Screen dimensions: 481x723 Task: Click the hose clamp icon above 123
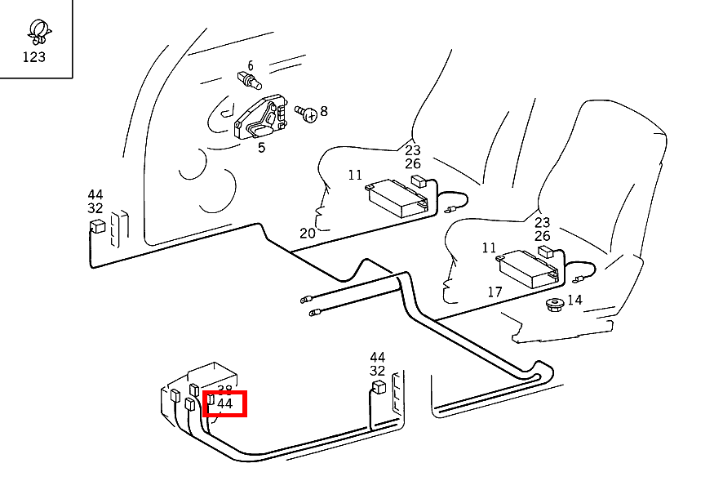(x=36, y=30)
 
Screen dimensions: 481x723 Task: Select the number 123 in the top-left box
(x=34, y=57)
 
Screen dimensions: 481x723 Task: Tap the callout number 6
(x=251, y=65)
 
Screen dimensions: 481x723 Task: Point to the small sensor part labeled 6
(x=248, y=80)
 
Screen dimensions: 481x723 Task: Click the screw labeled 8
(x=307, y=114)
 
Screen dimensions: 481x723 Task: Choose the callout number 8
(x=324, y=111)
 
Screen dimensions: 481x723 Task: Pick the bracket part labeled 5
(x=261, y=120)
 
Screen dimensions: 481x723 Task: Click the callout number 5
(x=261, y=148)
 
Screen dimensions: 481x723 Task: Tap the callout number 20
(x=307, y=233)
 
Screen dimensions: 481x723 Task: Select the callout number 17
(x=495, y=292)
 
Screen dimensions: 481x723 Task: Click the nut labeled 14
(x=554, y=306)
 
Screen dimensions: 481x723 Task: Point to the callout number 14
(x=574, y=300)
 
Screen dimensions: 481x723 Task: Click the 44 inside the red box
(x=225, y=403)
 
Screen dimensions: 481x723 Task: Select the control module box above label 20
(x=399, y=198)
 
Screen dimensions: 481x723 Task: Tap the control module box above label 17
(x=529, y=267)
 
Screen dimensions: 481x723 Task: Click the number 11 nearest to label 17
(x=489, y=247)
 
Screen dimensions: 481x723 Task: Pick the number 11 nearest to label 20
(x=355, y=175)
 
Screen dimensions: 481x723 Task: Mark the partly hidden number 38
(x=225, y=390)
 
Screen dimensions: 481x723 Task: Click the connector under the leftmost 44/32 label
(x=98, y=226)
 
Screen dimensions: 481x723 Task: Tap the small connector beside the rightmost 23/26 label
(x=545, y=252)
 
